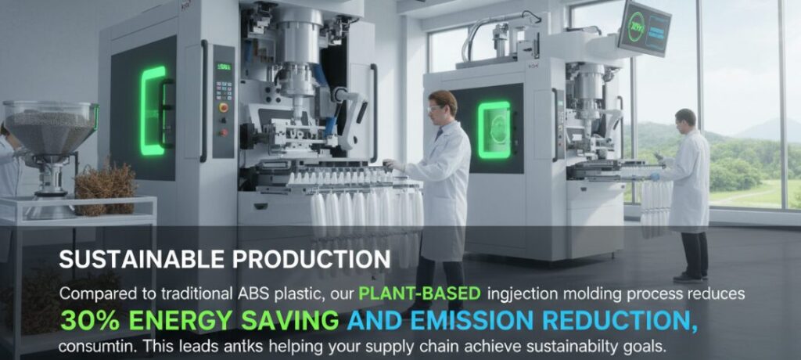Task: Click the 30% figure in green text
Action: pos(90,320)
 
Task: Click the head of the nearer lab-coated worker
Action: pos(442,106)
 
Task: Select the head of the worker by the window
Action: pos(684,120)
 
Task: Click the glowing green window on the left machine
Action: pos(153,110)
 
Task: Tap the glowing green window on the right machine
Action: pos(494,130)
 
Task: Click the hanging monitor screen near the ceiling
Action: pos(643,29)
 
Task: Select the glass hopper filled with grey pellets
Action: pos(50,131)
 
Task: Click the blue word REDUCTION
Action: pos(619,320)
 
